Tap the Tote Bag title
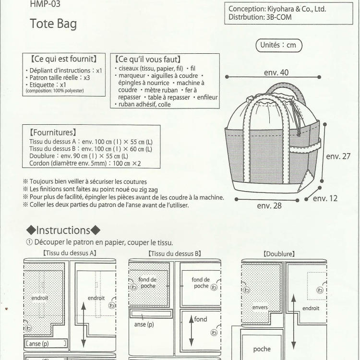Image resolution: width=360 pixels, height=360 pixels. (53, 24)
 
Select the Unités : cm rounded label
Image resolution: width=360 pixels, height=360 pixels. (278, 46)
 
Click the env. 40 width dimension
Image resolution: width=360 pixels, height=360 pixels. (276, 72)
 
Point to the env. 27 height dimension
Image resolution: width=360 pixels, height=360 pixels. (338, 156)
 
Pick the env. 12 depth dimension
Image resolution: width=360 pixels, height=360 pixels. (325, 198)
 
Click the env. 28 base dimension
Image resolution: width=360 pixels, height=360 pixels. (269, 206)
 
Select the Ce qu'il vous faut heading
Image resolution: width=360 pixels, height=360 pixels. (147, 60)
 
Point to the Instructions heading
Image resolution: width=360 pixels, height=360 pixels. (63, 230)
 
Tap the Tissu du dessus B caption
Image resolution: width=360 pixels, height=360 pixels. (174, 253)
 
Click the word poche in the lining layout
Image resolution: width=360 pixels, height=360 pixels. (262, 349)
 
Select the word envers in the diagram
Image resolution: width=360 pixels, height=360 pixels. (260, 307)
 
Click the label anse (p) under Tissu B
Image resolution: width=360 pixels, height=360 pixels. (144, 324)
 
